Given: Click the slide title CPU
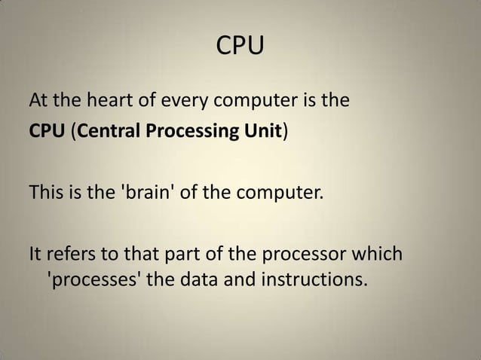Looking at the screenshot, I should coord(240,47).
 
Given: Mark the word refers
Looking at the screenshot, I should coord(73,251).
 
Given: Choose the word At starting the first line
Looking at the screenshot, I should coord(39,99).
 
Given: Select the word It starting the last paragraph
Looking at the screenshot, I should coord(35,251).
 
